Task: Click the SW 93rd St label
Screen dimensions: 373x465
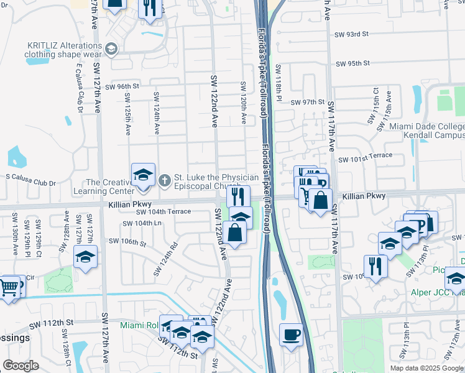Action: point(352,35)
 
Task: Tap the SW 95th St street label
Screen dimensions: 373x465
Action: point(352,63)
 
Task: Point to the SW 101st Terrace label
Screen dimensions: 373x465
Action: point(366,160)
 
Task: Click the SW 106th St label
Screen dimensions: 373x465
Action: point(127,241)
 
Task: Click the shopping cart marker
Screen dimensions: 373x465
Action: point(9,288)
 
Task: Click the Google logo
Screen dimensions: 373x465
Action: point(21,366)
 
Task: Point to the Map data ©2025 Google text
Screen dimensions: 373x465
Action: point(426,368)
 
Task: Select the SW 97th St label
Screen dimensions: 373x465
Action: point(308,102)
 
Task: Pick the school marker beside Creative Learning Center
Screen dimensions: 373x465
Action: point(143,175)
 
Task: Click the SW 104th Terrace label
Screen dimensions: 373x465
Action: point(164,212)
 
